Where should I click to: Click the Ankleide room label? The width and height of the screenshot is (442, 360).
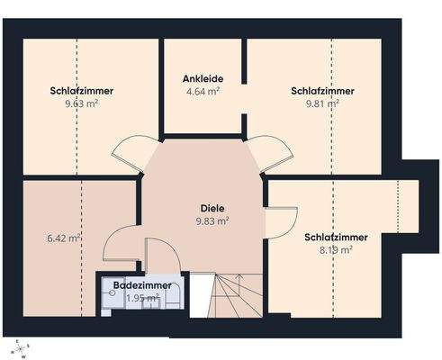click(204, 78)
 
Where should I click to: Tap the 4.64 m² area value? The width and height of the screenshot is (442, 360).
click(204, 91)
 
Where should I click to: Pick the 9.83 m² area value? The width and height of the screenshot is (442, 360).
click(212, 220)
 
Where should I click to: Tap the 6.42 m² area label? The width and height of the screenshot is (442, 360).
click(64, 238)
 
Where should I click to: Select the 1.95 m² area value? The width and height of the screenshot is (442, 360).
click(141, 298)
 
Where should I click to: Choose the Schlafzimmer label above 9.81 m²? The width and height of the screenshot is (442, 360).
click(322, 90)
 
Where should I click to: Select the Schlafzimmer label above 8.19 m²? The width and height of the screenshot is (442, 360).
click(336, 237)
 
